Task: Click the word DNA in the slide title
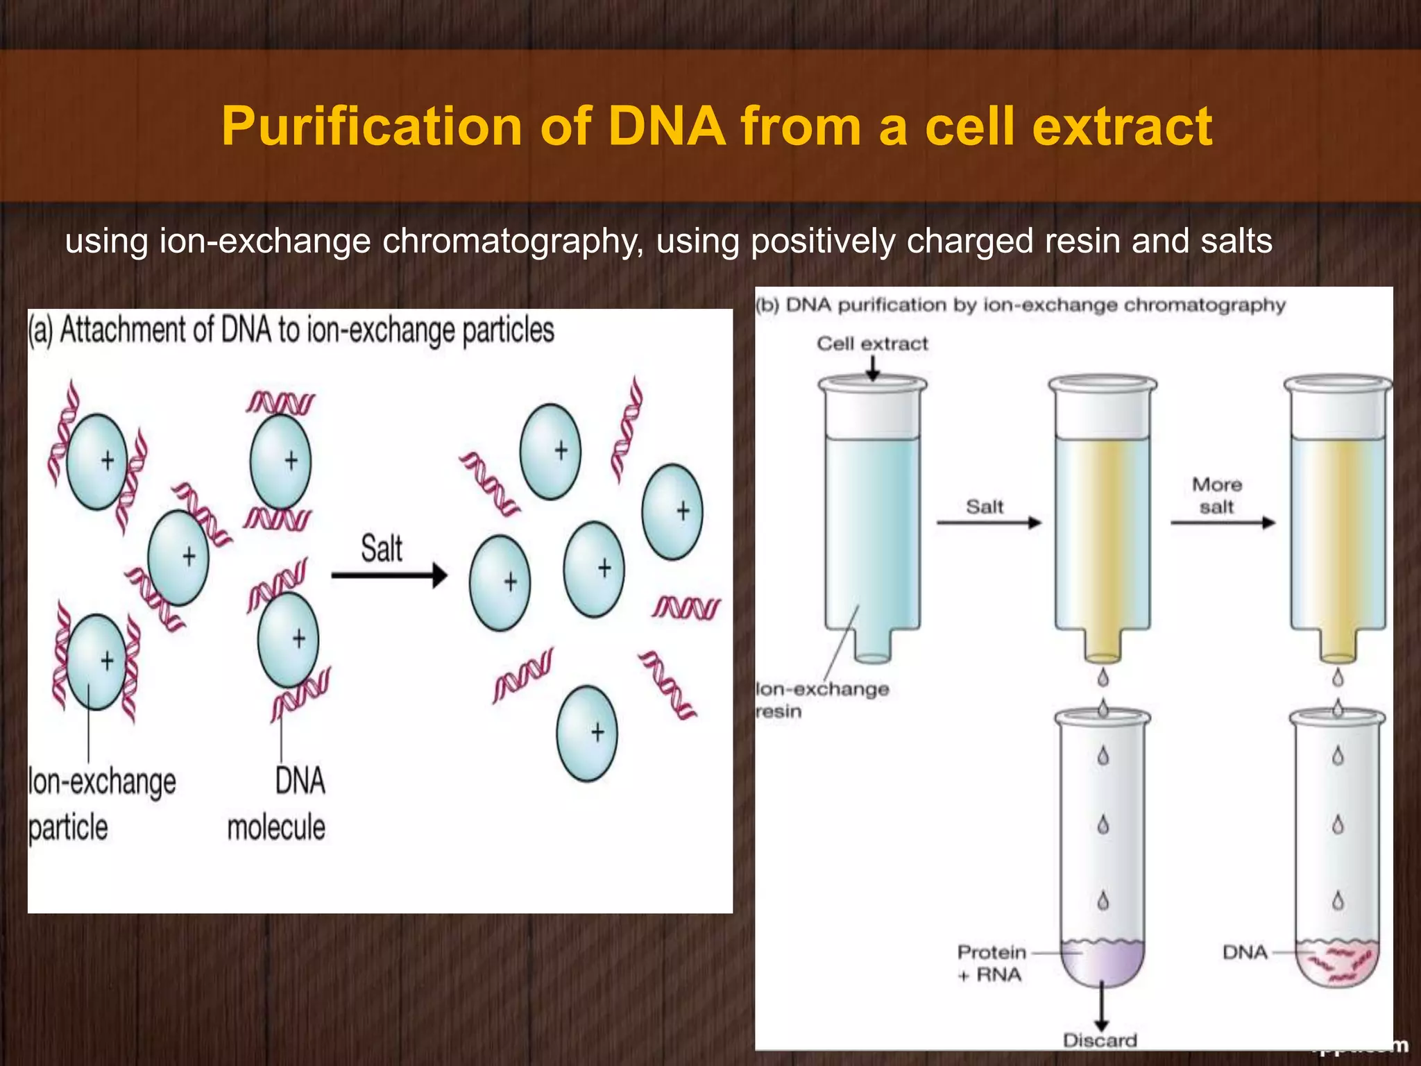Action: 667,126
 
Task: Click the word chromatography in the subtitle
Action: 513,242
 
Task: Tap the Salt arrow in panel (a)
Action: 389,575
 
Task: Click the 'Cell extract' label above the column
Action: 872,344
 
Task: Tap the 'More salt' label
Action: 1217,495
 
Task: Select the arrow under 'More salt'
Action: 1223,523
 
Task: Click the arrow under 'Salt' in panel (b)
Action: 989,523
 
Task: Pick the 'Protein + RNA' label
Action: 990,963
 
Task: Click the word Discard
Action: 1100,1040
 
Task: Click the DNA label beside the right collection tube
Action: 1245,952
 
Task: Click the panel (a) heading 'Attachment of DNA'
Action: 291,330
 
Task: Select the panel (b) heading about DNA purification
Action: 1020,305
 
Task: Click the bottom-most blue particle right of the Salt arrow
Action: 587,734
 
